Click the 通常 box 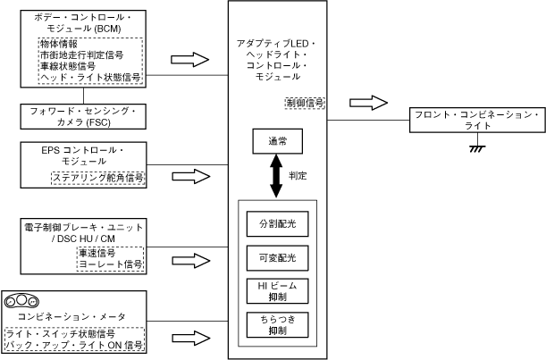pos(276,141)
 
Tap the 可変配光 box pos(276,258)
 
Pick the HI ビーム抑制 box pos(276,290)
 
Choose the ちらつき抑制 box pos(276,323)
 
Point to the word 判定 pos(298,177)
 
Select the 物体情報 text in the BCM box pos(58,44)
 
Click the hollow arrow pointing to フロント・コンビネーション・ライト pos(368,102)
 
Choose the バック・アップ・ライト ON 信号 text pos(74,345)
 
